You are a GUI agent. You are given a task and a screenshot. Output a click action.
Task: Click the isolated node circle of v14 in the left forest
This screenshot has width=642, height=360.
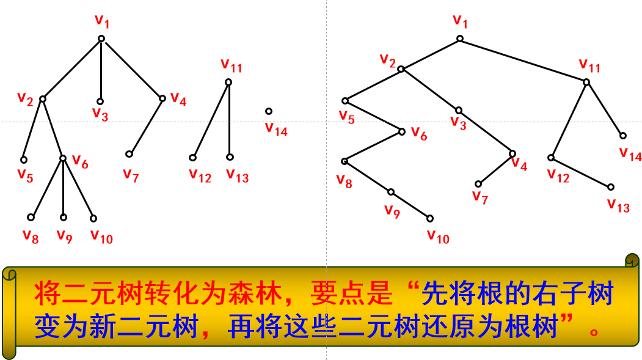click(x=269, y=111)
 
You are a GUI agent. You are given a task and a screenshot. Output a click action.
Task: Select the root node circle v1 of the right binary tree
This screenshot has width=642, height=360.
click(x=460, y=39)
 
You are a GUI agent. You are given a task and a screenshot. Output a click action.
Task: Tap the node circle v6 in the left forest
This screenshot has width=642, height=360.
click(x=63, y=158)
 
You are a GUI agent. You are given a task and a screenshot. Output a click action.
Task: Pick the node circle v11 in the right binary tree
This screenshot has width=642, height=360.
click(x=586, y=82)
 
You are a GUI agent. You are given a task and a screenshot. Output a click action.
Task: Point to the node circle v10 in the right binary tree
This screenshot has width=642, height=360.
click(x=430, y=218)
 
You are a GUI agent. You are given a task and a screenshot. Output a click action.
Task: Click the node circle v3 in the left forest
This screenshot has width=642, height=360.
click(x=100, y=102)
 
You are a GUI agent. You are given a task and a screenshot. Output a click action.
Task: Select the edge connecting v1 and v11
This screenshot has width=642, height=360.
click(x=523, y=61)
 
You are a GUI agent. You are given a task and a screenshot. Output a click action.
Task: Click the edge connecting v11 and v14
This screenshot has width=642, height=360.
click(x=605, y=109)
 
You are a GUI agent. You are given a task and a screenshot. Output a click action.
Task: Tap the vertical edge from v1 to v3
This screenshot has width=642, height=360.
click(x=101, y=70)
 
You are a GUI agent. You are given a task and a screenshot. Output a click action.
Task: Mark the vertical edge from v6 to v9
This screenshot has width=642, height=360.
click(x=63, y=188)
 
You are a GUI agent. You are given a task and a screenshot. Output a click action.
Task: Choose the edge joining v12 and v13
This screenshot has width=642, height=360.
click(x=580, y=172)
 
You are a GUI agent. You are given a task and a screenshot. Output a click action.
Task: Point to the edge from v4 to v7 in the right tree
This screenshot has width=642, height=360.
click(x=495, y=169)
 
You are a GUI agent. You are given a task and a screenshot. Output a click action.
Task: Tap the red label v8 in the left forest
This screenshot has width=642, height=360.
click(x=31, y=236)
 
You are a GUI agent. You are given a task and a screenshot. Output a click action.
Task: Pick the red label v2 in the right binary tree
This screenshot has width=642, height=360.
click(x=387, y=60)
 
